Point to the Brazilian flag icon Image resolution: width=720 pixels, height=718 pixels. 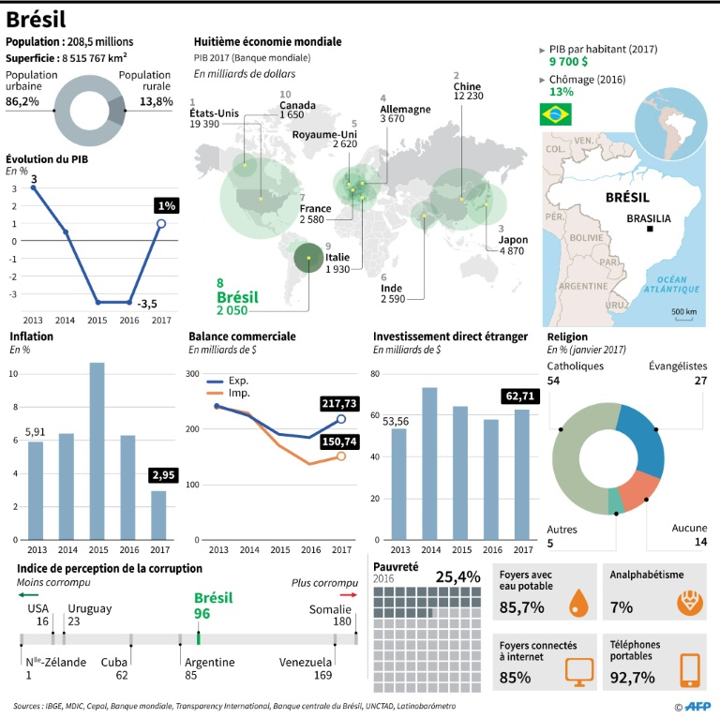554,114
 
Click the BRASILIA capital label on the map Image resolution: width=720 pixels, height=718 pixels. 649,218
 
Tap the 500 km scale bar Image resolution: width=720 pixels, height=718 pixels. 682,313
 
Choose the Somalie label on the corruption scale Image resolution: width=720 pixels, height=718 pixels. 329,608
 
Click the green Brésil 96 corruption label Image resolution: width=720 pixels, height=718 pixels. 213,606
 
